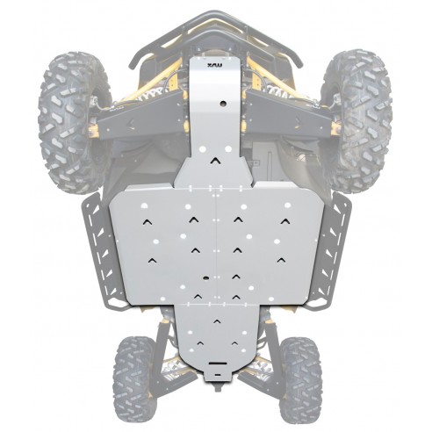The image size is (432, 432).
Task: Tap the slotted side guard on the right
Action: coord(331,250)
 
